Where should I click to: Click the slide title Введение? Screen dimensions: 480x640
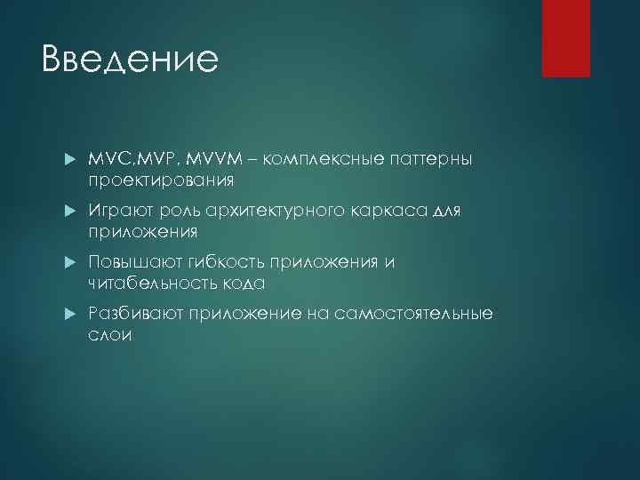(129, 60)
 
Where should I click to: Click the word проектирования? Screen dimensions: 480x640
(161, 180)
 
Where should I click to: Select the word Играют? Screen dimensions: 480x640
(118, 211)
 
